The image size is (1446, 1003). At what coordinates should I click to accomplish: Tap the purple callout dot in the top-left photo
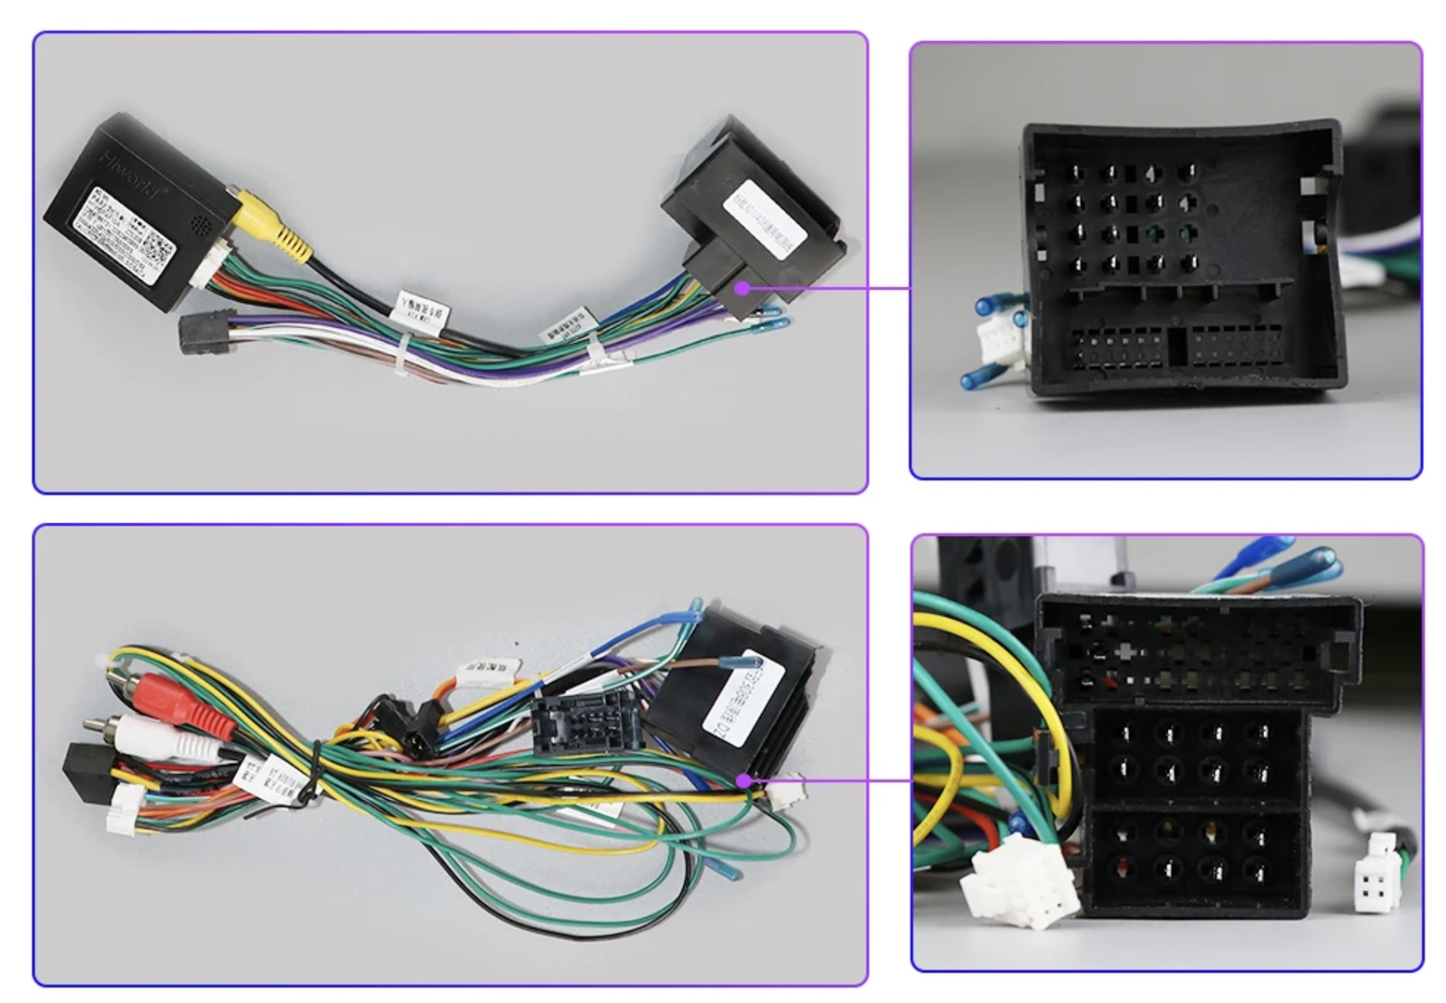point(742,288)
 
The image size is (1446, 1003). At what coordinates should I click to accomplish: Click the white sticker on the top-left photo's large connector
point(764,221)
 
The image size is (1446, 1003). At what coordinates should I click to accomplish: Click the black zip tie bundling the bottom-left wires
point(317,771)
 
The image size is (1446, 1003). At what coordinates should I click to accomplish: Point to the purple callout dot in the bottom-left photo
point(743,780)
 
